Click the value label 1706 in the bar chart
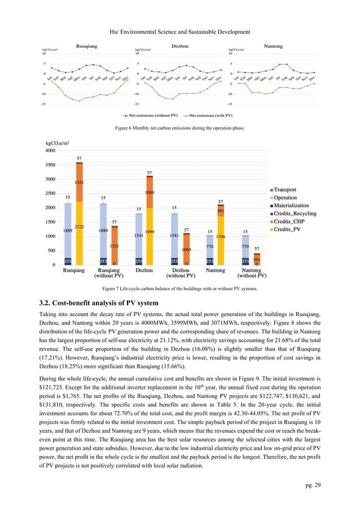220,238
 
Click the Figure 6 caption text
179,129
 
